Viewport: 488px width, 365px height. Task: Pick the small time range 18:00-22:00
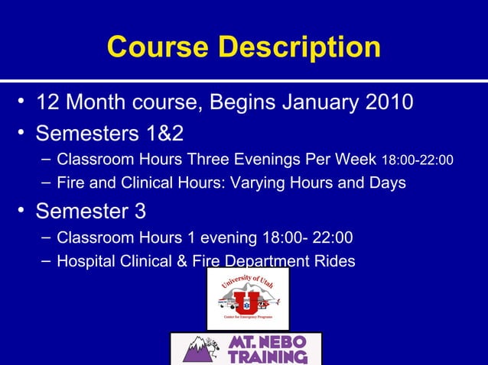(417, 160)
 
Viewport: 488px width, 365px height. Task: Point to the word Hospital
(86, 261)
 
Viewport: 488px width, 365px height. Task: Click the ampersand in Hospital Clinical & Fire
(180, 261)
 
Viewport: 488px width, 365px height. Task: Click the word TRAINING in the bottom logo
(268, 357)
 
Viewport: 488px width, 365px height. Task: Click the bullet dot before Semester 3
(24, 208)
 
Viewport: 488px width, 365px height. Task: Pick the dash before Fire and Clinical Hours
(46, 182)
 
